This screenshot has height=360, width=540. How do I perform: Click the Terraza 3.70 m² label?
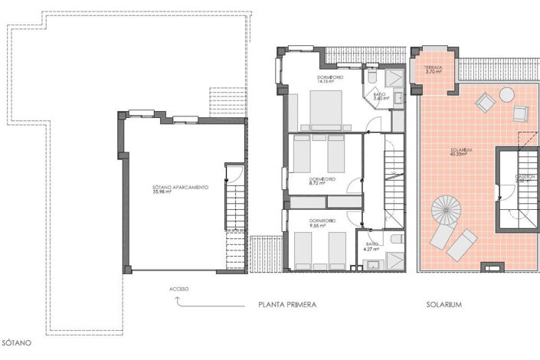pos(433,69)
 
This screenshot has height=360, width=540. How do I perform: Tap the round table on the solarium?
pos(507,94)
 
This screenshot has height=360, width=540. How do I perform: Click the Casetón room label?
pos(525,180)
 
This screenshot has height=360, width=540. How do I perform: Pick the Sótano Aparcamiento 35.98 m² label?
pos(179,190)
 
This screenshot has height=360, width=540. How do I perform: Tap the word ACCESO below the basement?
pos(180,290)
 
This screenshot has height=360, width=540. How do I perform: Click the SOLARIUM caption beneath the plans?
pos(444,305)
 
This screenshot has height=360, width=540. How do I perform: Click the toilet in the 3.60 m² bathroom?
pos(370,78)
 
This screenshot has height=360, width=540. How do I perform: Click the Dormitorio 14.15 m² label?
pos(331,80)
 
